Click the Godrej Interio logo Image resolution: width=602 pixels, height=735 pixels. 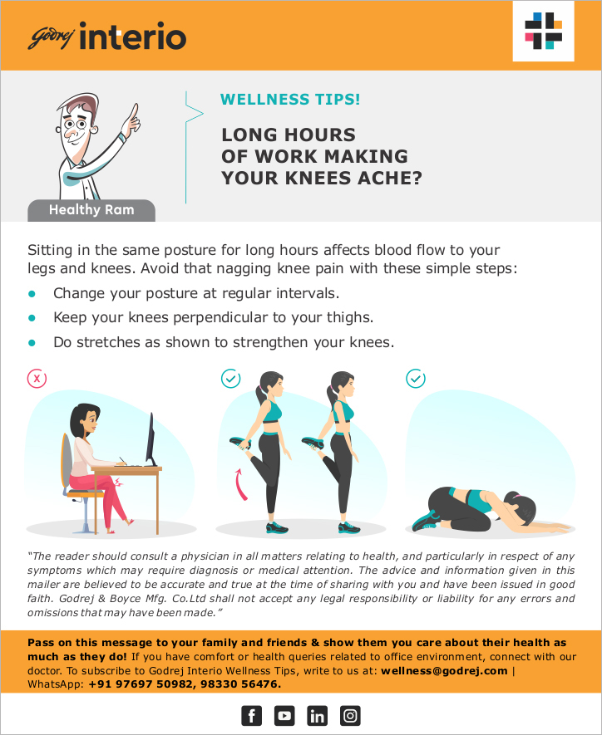click(x=107, y=36)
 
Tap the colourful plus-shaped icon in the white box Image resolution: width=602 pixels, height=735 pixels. click(x=543, y=31)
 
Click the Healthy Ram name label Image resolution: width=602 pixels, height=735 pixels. click(x=91, y=210)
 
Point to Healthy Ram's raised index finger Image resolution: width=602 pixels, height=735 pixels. click(x=135, y=111)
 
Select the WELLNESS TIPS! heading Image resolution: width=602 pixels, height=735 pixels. click(x=290, y=100)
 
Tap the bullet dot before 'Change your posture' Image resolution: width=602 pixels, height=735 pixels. click(x=32, y=294)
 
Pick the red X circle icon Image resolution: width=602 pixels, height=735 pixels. click(x=37, y=378)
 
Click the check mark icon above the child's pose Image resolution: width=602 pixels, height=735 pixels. click(x=416, y=378)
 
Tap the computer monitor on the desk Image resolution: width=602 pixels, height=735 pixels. click(x=150, y=439)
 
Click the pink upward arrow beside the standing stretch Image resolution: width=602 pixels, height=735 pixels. click(x=240, y=484)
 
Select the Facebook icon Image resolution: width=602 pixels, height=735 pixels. click(x=251, y=716)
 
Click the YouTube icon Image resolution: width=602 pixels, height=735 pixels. click(x=284, y=716)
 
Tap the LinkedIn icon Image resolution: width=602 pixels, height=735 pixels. click(x=317, y=716)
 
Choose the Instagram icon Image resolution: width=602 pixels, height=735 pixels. click(x=350, y=716)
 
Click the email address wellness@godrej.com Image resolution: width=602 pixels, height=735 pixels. click(x=444, y=671)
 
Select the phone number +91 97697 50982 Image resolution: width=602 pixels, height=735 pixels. click(x=141, y=684)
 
